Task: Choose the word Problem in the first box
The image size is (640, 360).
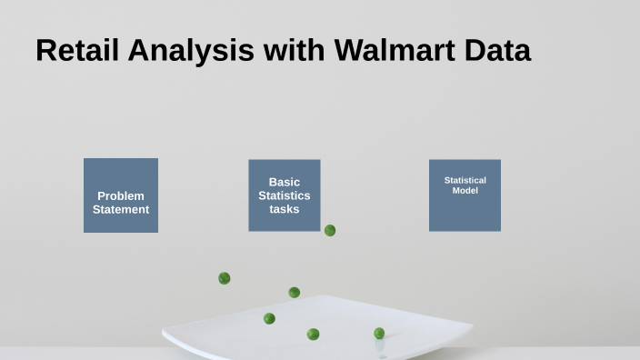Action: tap(121, 195)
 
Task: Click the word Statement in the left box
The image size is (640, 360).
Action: tap(121, 209)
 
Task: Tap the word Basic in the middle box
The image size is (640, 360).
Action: tap(285, 182)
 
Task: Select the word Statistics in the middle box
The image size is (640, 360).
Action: tap(285, 195)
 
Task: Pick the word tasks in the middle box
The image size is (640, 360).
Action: tap(285, 209)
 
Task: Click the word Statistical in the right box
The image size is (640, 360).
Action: tap(465, 180)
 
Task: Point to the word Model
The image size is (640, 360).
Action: tap(465, 191)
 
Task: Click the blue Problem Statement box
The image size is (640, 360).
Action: tap(121, 173)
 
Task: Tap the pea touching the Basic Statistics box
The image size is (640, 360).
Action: tap(330, 230)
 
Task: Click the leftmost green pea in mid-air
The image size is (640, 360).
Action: tap(225, 278)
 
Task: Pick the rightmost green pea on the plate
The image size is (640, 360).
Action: tap(379, 334)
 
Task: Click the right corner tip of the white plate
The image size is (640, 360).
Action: tap(472, 325)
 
